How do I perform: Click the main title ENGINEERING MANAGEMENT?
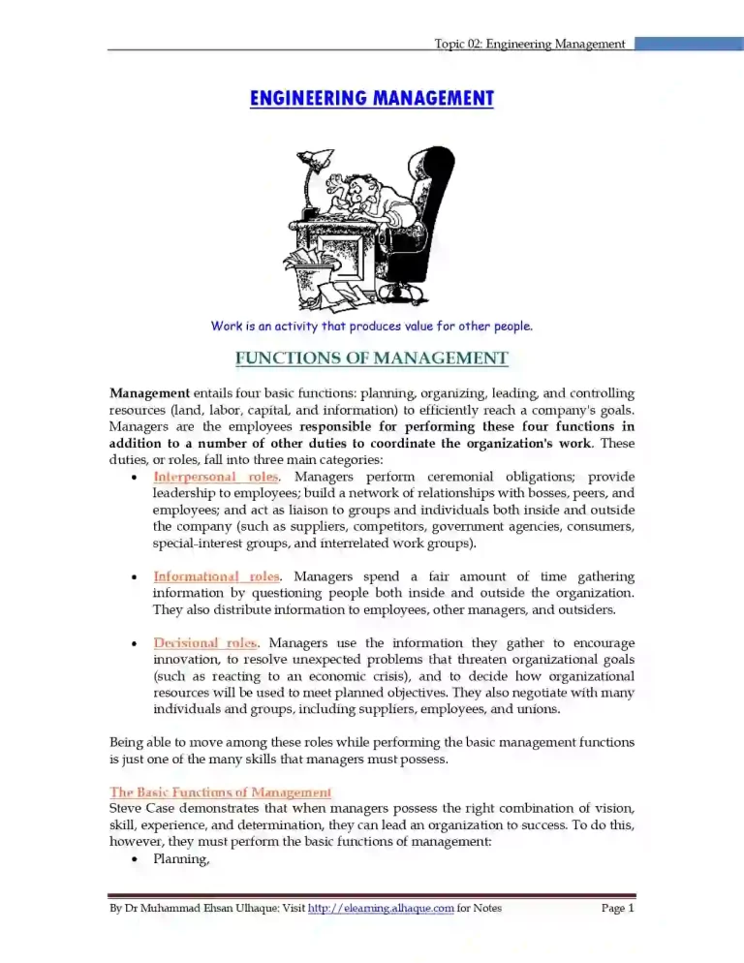click(372, 99)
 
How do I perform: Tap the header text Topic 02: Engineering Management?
click(530, 44)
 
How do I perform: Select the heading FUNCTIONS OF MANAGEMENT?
click(372, 358)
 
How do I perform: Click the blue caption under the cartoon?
click(372, 326)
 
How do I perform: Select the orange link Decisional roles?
click(205, 642)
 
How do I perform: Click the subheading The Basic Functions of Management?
click(221, 792)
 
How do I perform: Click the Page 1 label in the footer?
click(617, 908)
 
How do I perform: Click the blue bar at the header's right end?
click(689, 44)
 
